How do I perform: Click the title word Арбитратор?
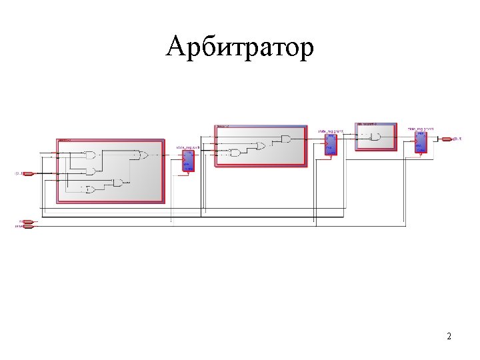[x=239, y=48]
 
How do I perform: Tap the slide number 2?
[x=449, y=336]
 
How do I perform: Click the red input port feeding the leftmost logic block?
[x=28, y=174]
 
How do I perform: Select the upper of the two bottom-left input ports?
[x=27, y=221]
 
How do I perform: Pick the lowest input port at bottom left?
[x=27, y=227]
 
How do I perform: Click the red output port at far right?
[x=446, y=139]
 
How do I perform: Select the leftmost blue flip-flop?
[x=188, y=161]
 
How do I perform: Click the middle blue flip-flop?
[x=331, y=145]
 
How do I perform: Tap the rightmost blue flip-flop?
[x=420, y=141]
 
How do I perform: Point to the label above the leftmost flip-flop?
[x=187, y=147]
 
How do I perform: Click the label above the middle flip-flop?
[x=330, y=131]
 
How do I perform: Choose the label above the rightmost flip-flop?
[x=421, y=128]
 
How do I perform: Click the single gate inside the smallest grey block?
[x=375, y=137]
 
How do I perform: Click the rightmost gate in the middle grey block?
[x=286, y=139]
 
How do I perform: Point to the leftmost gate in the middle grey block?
[x=235, y=153]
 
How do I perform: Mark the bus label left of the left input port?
[x=18, y=174]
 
